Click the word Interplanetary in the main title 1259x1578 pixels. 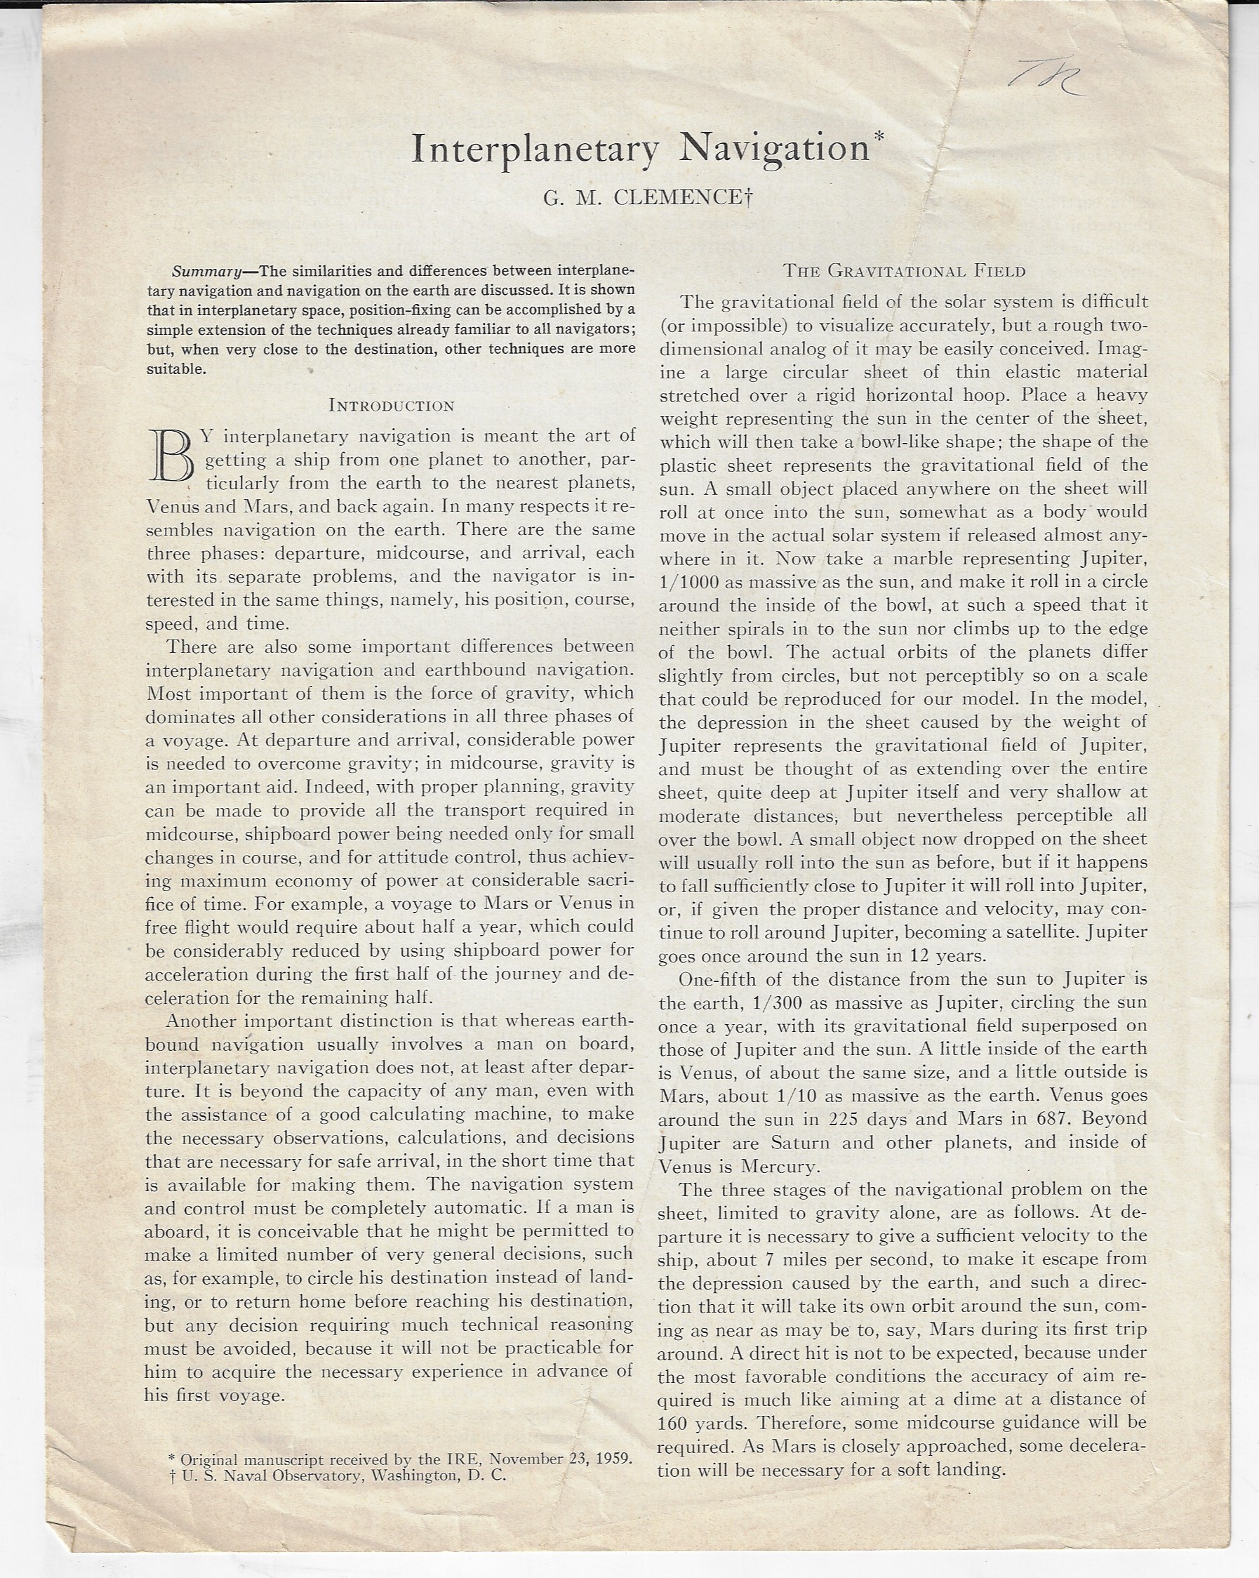[535, 150]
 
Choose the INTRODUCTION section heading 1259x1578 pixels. [392, 406]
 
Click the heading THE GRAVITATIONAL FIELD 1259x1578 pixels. [904, 272]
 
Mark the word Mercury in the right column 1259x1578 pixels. [778, 1166]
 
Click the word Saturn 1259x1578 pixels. [800, 1143]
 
